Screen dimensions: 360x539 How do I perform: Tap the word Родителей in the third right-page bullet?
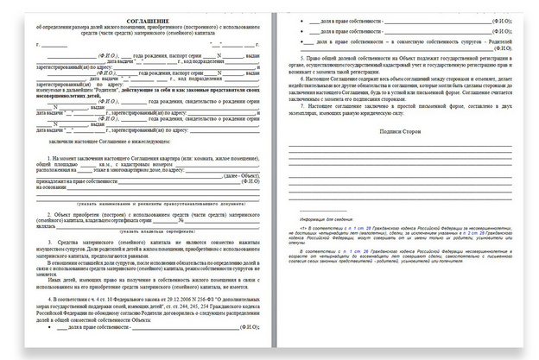pyautogui.click(x=508, y=40)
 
